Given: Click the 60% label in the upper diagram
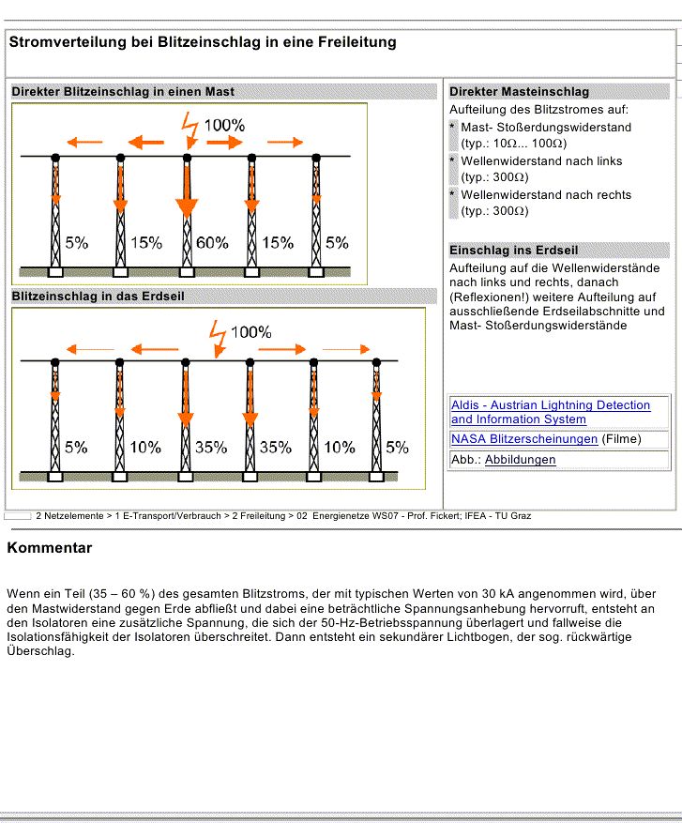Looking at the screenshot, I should coord(212,242).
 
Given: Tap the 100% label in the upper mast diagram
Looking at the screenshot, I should coord(224,125).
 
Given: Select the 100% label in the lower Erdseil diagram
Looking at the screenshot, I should coord(250,332).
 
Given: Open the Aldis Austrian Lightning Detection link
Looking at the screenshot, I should coord(550,412).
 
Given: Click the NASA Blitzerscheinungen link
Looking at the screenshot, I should coord(523,438).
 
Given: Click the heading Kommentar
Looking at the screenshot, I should coord(49,548).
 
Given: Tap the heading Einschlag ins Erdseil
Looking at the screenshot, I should coord(513,251).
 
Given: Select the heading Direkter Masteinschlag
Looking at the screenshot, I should coord(519,91).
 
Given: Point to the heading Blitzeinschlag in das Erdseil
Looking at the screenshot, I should coord(98,296).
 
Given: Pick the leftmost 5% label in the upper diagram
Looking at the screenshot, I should coord(77,242).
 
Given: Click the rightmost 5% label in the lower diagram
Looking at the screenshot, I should coord(398,448).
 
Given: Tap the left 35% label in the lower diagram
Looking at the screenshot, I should coord(211,448).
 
